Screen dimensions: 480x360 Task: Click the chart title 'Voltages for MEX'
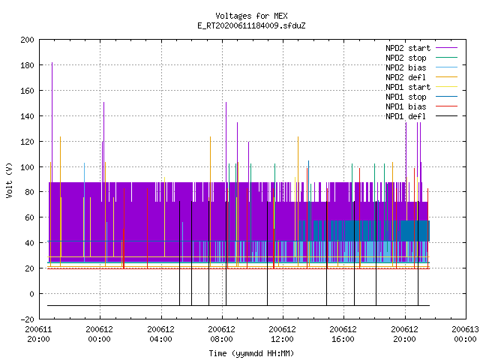click(x=251, y=16)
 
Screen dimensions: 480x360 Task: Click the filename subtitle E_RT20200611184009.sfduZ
click(x=251, y=25)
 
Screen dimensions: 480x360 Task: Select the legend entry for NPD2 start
click(x=421, y=48)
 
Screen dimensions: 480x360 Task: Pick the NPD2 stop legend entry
click(x=421, y=58)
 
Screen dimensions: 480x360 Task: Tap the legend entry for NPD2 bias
click(x=421, y=67)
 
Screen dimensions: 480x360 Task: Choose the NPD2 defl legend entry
click(x=421, y=77)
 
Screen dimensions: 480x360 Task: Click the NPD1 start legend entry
click(x=421, y=87)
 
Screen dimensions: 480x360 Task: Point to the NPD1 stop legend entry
click(x=421, y=97)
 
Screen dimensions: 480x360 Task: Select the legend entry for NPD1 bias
click(x=421, y=106)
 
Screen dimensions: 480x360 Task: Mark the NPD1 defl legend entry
click(x=421, y=117)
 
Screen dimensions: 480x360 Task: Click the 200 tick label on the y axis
click(x=27, y=40)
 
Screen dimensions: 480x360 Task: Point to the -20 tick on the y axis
click(x=27, y=319)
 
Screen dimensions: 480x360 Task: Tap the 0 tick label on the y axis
click(x=31, y=294)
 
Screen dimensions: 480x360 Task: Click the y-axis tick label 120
click(x=27, y=142)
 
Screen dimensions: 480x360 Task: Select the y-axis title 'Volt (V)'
click(x=10, y=180)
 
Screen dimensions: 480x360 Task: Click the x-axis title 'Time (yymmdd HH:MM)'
click(x=251, y=353)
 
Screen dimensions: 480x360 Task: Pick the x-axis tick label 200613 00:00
click(x=465, y=334)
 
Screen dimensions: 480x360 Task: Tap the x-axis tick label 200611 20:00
click(x=38, y=334)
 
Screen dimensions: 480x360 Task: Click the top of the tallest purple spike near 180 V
click(x=52, y=62)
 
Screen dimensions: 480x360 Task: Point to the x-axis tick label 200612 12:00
click(x=282, y=334)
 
